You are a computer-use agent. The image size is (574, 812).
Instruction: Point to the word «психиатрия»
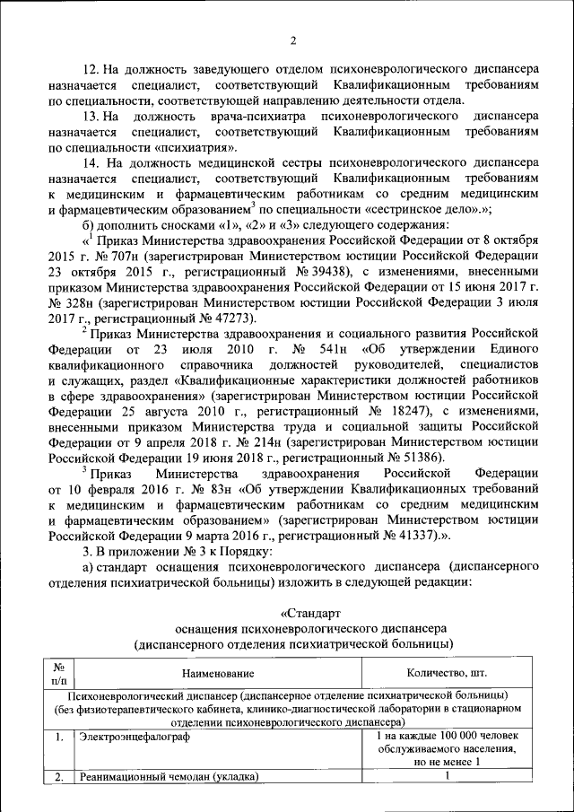tap(195, 147)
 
